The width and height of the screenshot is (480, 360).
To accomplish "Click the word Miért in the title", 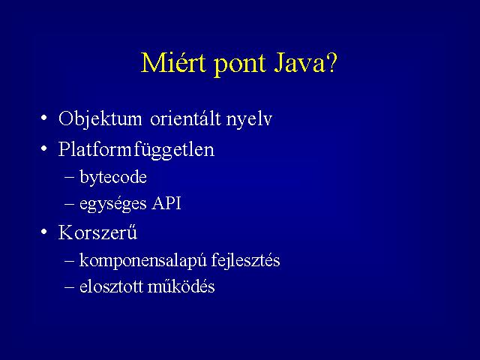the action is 173,62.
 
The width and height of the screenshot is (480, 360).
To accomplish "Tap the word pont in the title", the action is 240,66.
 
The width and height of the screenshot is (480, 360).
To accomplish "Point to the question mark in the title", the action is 331,63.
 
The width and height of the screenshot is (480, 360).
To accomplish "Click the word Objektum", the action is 100,119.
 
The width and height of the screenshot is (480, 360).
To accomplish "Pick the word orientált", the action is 185,118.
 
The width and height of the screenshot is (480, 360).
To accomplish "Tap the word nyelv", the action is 249,120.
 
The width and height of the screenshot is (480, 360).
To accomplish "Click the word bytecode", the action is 113,177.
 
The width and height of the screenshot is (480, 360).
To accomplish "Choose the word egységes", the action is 112,204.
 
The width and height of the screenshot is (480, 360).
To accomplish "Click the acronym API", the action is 166,202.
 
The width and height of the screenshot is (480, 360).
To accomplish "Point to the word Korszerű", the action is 97,232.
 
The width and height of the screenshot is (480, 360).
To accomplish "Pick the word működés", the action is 181,286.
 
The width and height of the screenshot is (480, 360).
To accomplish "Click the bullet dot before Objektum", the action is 44,118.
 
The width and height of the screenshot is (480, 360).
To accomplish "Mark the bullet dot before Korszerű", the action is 44,232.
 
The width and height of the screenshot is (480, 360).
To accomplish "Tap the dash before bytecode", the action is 70,177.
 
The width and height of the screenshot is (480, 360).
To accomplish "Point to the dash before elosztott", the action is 70,286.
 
